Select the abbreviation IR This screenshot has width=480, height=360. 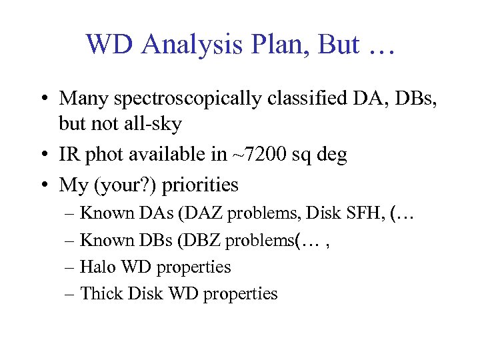[x=70, y=155]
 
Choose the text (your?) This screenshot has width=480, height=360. [x=119, y=185]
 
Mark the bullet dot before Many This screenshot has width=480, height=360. [x=43, y=99]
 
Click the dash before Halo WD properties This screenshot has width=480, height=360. [x=71, y=267]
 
